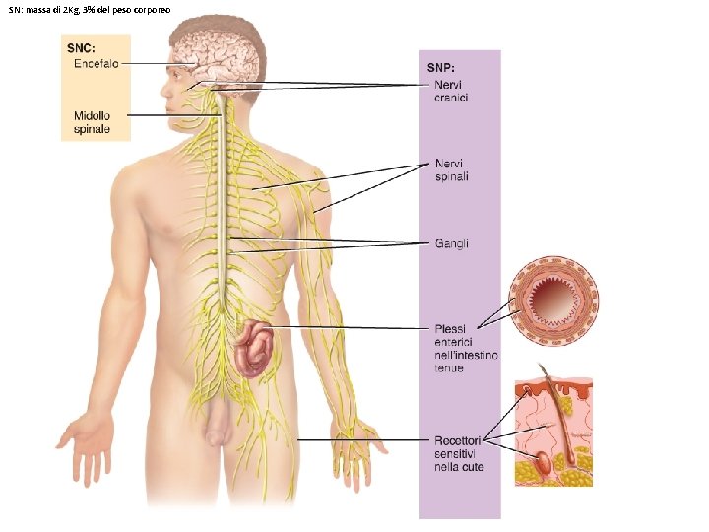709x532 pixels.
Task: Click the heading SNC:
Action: [82, 47]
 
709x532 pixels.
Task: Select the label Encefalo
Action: [97, 64]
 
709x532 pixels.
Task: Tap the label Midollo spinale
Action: [93, 122]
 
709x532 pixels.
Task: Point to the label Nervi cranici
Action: [451, 91]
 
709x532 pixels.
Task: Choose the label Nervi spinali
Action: [451, 170]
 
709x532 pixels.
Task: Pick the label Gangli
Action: [452, 243]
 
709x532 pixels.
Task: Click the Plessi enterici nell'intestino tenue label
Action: [466, 348]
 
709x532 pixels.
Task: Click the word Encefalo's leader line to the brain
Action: [162, 65]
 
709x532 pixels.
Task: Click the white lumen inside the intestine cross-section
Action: [552, 299]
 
